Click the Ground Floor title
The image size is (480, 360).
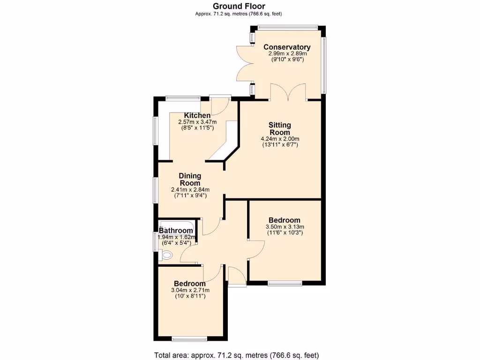point(239,6)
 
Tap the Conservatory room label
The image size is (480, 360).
point(287,47)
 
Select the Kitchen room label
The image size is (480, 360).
point(197,116)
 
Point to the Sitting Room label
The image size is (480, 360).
point(280,128)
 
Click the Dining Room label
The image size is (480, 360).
point(190,180)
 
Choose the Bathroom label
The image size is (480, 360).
point(176,231)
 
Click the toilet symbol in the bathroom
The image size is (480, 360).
point(165,255)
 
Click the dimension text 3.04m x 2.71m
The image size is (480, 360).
point(189,290)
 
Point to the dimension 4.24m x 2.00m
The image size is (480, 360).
point(280,139)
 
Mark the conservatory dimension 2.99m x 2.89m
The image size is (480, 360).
point(287,54)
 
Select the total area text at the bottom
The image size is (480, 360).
point(240,355)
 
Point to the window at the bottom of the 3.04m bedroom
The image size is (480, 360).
point(189,339)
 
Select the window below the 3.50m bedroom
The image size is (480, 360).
point(285,283)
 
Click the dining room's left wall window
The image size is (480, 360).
point(156,190)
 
